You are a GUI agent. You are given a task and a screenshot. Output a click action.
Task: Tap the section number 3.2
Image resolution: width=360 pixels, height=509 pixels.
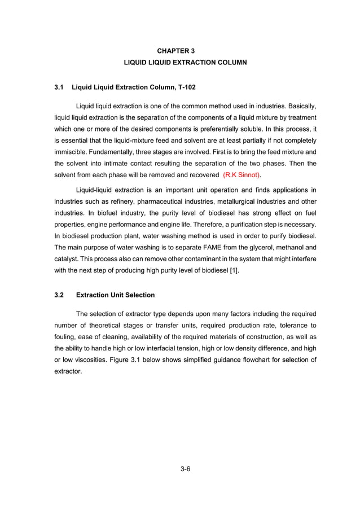click(59, 295)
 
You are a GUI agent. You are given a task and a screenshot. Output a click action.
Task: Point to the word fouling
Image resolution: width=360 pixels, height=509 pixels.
click(65, 337)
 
